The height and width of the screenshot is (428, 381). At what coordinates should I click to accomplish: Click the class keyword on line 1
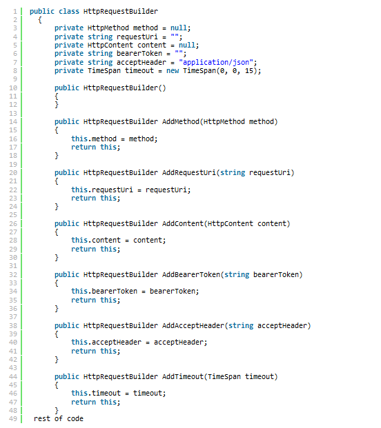click(x=69, y=12)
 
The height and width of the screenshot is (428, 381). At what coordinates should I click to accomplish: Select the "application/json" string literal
click(x=216, y=63)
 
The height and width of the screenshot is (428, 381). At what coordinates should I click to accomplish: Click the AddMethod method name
click(x=181, y=122)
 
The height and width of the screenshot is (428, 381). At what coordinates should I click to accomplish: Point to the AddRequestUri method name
click(x=189, y=173)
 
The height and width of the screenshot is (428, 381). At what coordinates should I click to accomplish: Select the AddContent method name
click(x=183, y=224)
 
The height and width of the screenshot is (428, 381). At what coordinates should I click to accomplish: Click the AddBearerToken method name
click(x=191, y=275)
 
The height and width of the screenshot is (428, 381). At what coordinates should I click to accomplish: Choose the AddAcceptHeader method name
click(x=193, y=326)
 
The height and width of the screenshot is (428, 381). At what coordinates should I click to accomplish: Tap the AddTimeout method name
click(x=183, y=377)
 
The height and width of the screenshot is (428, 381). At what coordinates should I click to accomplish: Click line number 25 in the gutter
click(x=13, y=215)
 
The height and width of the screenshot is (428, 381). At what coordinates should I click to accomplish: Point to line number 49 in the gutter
click(x=13, y=419)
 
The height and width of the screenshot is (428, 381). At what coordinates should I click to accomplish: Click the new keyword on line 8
click(x=173, y=71)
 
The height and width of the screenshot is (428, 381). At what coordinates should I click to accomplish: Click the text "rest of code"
click(x=59, y=419)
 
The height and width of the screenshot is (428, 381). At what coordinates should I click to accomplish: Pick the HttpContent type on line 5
click(x=110, y=45)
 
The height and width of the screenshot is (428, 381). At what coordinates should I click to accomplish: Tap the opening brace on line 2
click(x=40, y=20)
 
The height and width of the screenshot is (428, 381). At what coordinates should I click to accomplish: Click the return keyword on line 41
click(x=84, y=351)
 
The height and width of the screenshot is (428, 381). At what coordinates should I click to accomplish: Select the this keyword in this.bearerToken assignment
click(x=79, y=292)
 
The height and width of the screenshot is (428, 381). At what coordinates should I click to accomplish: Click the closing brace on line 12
click(x=57, y=105)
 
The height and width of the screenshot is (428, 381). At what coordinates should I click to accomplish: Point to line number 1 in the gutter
click(x=14, y=12)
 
